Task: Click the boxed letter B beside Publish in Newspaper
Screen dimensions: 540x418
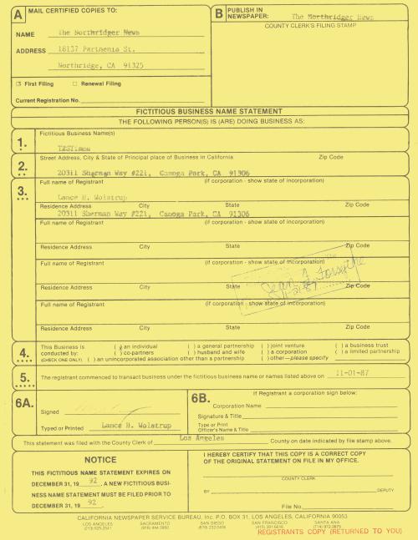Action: tap(219, 13)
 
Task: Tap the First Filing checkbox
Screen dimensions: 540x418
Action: tap(18, 83)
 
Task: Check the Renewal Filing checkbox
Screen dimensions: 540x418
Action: tap(74, 83)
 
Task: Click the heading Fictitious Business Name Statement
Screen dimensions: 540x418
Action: tap(208, 111)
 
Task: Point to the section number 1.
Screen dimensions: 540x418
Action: tap(23, 144)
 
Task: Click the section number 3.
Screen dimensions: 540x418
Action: tap(23, 191)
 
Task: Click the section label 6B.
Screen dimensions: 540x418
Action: tap(204, 399)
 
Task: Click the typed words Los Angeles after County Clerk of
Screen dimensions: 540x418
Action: tap(197, 437)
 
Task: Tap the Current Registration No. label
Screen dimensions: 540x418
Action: tap(48, 99)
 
